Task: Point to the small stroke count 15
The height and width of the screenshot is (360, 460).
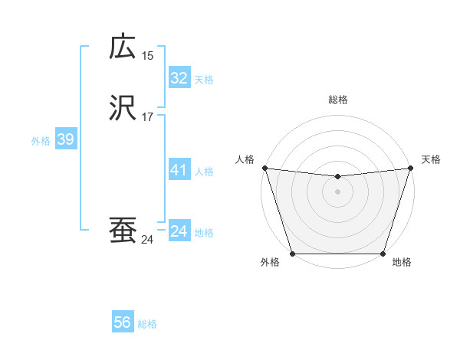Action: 147,55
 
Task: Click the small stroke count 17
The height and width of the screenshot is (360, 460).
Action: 147,117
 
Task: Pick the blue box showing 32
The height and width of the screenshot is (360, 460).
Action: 179,78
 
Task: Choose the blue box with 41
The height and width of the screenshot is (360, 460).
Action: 179,170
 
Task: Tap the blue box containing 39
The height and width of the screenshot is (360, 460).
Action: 65,139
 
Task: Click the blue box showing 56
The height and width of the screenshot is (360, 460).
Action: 122,322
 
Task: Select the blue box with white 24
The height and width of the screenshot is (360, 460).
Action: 179,231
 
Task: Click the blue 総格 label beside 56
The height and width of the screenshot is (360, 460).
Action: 147,324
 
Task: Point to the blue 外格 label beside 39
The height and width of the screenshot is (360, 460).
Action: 40,141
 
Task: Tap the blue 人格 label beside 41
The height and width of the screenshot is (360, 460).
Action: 205,172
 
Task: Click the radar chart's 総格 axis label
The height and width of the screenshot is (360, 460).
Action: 337,100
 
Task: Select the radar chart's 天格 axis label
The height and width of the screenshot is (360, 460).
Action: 431,159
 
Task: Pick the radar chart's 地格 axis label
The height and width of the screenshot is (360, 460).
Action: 402,263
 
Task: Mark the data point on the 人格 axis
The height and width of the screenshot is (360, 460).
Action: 264,168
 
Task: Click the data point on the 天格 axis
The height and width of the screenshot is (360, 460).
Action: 410,168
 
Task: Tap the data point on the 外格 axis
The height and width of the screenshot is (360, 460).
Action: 292,254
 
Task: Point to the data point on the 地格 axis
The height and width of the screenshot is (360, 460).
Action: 383,254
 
